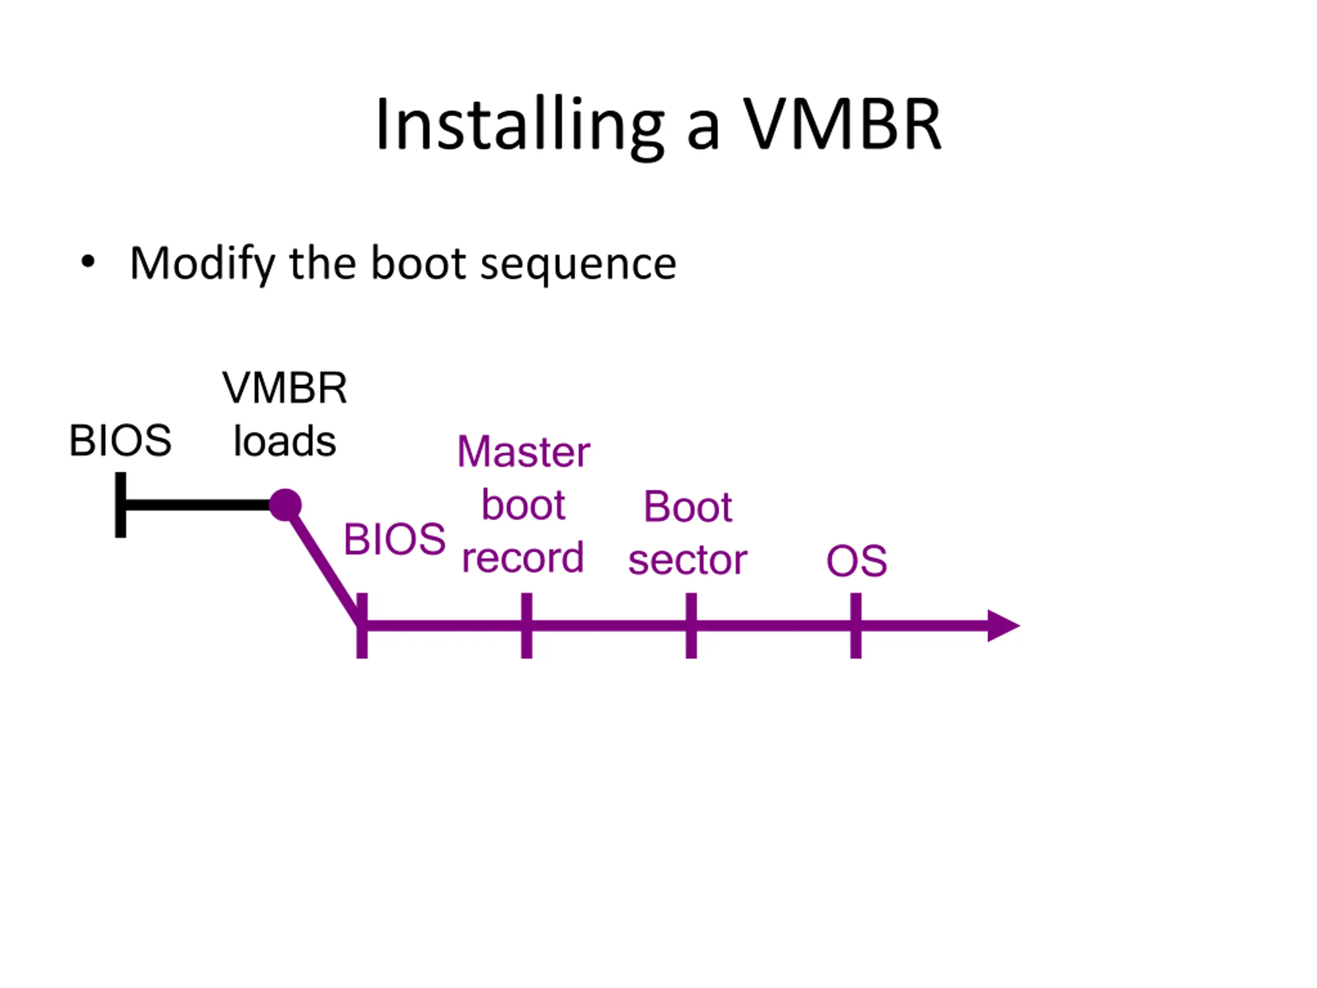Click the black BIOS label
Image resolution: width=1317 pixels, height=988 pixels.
(x=120, y=440)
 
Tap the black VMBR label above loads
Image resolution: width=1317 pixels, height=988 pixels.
(x=284, y=387)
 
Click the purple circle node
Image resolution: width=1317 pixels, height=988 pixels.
(x=285, y=505)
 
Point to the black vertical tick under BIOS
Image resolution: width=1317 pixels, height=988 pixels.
(x=120, y=505)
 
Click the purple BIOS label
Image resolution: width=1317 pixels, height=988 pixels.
(x=394, y=540)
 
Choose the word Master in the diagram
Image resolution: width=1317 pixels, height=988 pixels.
(x=523, y=452)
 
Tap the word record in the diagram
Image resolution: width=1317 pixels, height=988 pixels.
(x=523, y=558)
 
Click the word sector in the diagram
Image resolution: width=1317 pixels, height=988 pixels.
(x=688, y=560)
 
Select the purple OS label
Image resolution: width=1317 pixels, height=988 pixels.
(x=856, y=561)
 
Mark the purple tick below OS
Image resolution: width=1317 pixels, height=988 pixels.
(x=856, y=626)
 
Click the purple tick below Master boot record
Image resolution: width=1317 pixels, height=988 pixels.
(x=526, y=626)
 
